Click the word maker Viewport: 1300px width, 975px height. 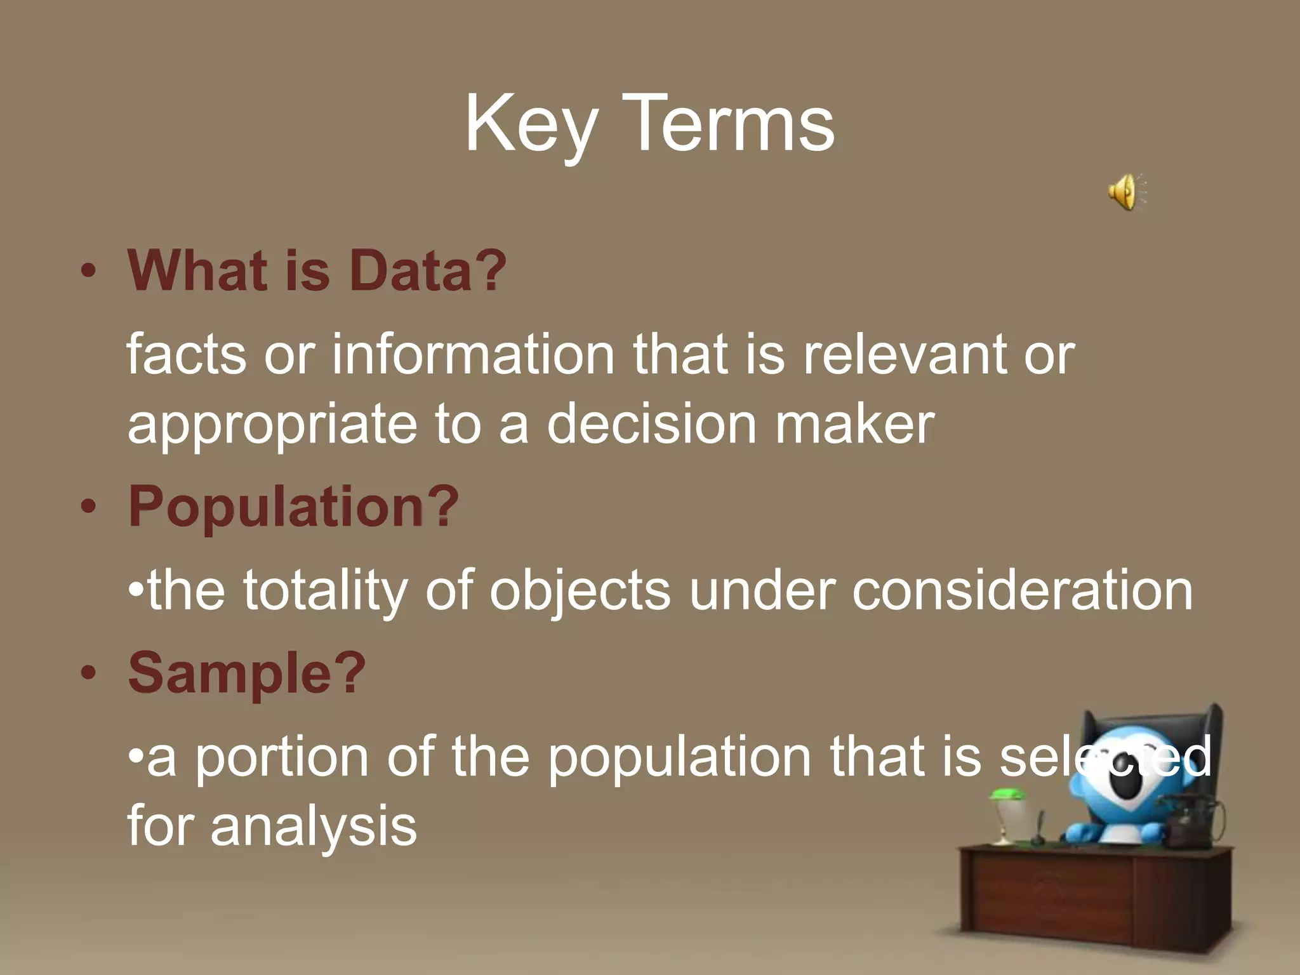[x=854, y=424]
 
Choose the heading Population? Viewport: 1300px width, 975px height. [x=293, y=508]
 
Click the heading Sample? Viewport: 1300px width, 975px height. [x=247, y=674]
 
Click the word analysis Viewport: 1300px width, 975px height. [x=314, y=826]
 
